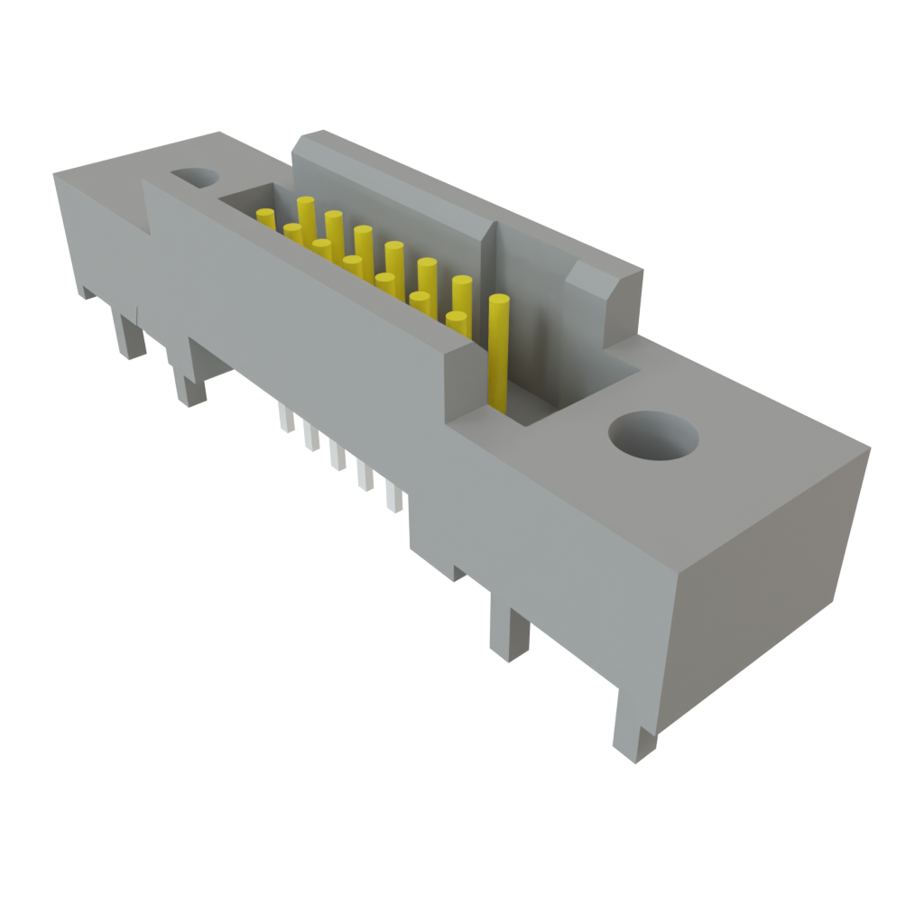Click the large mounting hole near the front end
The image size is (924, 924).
(652, 438)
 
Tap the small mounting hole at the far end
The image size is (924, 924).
(194, 177)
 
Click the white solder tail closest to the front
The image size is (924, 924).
(394, 498)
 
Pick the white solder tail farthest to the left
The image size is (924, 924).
(286, 418)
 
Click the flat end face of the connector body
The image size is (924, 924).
(767, 577)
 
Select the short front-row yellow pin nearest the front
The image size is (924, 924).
(456, 323)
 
